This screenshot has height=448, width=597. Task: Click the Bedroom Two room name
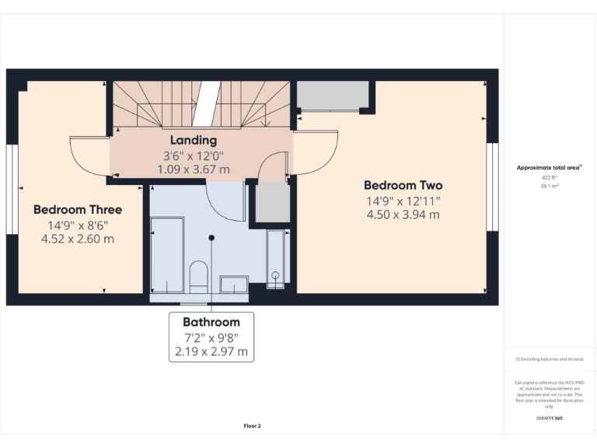(x=403, y=185)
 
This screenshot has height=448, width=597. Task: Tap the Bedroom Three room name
(x=78, y=209)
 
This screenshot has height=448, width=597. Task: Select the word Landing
(x=194, y=140)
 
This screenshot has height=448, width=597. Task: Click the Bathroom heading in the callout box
(x=211, y=321)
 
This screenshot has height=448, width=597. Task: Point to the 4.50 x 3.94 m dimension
(x=403, y=215)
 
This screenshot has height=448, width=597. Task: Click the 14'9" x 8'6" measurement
(x=78, y=225)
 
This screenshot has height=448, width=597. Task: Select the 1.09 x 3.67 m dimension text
(x=194, y=169)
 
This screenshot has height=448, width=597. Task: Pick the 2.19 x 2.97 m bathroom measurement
(x=211, y=352)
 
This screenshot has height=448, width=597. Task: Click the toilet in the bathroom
(x=199, y=276)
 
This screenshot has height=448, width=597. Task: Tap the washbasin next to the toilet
(x=233, y=284)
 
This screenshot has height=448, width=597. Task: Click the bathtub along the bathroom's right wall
(x=276, y=258)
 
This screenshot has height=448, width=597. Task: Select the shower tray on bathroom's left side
(x=166, y=255)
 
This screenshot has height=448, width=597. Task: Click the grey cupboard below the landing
(x=272, y=201)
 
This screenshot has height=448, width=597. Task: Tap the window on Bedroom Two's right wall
(x=491, y=187)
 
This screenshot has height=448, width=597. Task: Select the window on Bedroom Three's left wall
(x=12, y=188)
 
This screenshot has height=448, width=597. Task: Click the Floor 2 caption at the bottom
(x=252, y=425)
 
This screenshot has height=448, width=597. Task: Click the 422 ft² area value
(x=550, y=177)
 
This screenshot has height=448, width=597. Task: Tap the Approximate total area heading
(x=549, y=167)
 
